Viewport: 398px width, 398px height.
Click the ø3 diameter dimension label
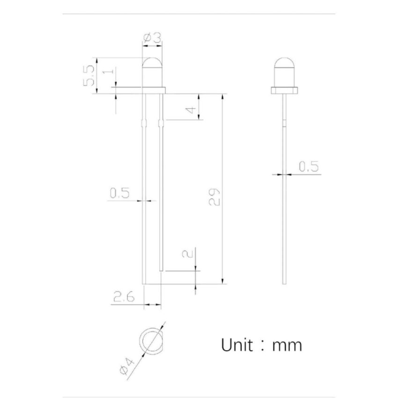(152, 38)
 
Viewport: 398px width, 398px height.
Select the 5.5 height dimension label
(89, 75)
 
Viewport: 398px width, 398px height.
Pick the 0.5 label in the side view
(308, 166)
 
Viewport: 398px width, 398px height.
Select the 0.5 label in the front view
(119, 192)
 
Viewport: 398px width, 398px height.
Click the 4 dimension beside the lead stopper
(190, 110)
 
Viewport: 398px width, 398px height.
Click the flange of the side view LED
(284, 89)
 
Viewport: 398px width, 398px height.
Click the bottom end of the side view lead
(284, 282)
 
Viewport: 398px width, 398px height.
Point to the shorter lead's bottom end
(162, 269)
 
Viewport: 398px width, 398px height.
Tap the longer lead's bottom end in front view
(144, 283)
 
